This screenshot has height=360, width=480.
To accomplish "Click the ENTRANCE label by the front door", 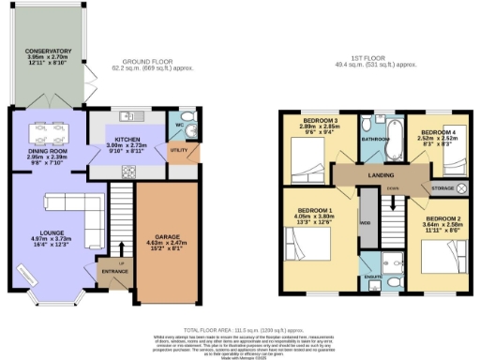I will coord(116,272).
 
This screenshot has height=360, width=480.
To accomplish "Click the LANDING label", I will coord(379,174).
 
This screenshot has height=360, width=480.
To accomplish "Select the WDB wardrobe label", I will coord(367,222).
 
